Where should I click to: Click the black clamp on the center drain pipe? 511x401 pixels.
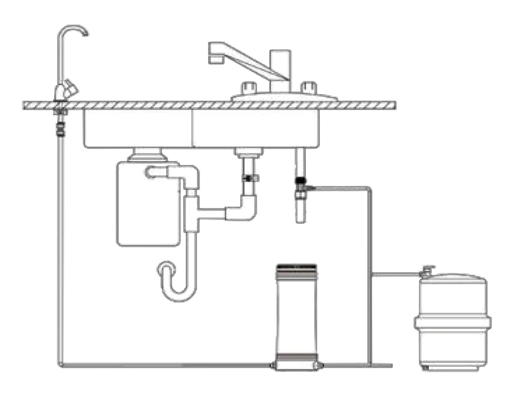248,178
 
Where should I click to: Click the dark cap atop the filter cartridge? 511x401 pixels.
296,265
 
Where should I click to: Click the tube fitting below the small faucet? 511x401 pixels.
61,128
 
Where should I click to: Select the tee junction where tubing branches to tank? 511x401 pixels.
369,274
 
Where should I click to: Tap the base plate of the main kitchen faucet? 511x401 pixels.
284,96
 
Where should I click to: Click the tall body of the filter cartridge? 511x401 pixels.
296,313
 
